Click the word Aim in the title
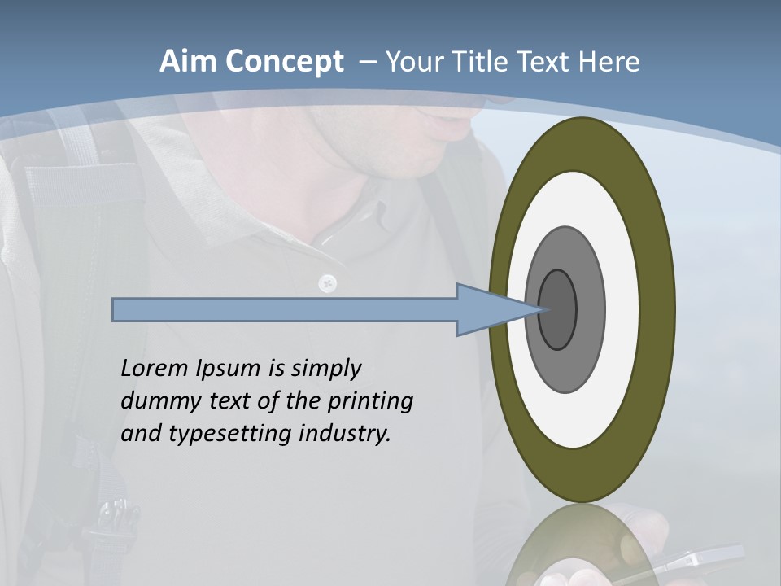pos(188,62)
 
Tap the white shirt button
pos(329,282)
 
